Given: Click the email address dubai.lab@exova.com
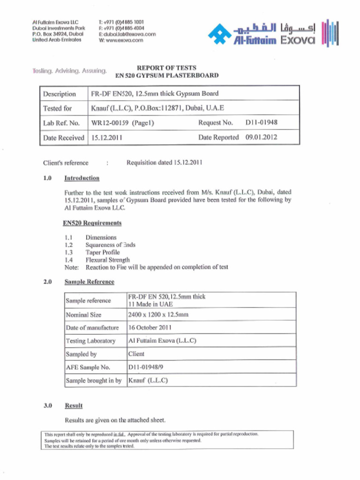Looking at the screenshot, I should tap(127, 34).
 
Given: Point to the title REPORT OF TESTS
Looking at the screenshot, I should tap(166, 67).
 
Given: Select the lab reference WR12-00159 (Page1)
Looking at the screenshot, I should tap(122, 123).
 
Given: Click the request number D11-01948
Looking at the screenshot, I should tap(261, 123).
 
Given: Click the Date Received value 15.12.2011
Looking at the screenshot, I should tap(107, 138).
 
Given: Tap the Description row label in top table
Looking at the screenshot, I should tap(60, 94).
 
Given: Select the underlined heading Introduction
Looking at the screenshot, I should tap(82, 178).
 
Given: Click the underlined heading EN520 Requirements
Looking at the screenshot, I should tap(92, 223).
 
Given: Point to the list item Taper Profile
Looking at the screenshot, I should tap(102, 252).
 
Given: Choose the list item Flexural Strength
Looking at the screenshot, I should tap(107, 260).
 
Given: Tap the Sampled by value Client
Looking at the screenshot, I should tap(136, 354).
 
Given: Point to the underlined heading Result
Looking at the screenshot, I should tap(74, 405).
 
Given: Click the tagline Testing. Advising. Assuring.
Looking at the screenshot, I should tap(69, 71).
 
